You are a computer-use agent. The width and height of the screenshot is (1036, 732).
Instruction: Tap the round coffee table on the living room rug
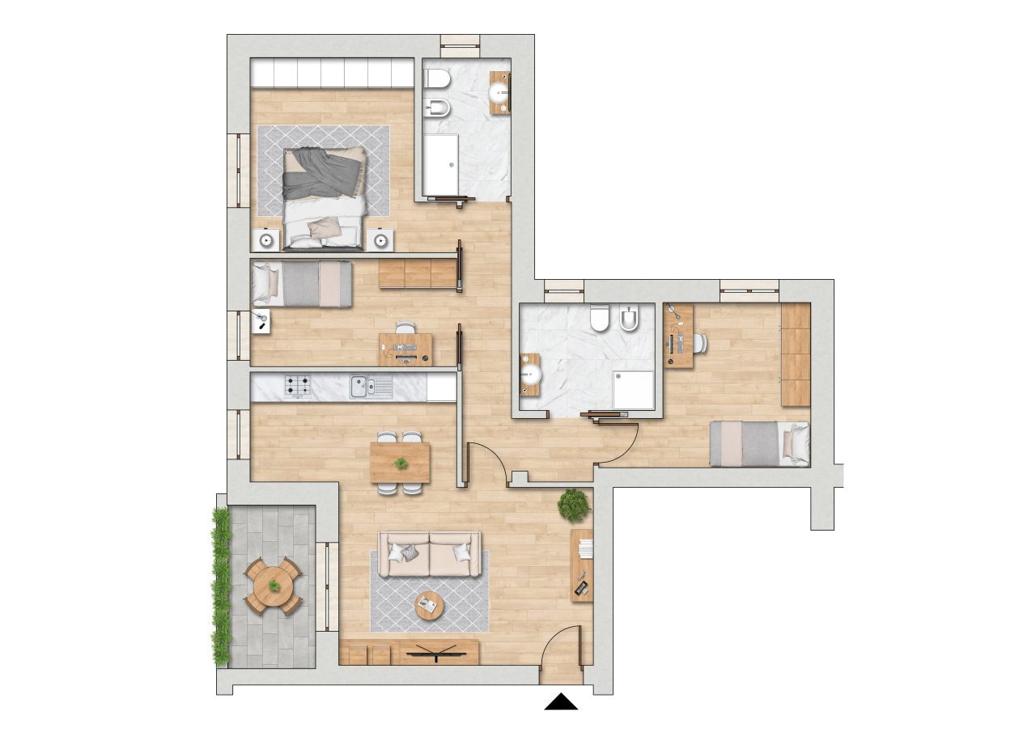[428, 605]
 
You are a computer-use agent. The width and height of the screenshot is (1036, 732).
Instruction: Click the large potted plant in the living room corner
[574, 505]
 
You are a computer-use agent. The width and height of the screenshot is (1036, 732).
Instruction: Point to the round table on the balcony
[274, 585]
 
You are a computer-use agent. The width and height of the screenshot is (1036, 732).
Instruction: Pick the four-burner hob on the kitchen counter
[297, 387]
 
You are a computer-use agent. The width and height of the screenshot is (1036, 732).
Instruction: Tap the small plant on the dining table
[401, 463]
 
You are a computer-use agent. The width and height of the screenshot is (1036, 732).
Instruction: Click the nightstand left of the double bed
[265, 239]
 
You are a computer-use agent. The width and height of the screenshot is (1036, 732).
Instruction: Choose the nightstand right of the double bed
[380, 239]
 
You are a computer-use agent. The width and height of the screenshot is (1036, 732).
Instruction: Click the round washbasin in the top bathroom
[499, 92]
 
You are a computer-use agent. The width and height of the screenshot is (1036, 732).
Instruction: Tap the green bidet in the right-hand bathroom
[630, 321]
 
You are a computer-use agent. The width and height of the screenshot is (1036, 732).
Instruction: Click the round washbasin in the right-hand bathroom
[530, 374]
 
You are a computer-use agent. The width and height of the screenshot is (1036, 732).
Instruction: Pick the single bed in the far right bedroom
[759, 443]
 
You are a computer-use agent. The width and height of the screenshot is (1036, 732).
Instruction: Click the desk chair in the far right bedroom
[698, 343]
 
